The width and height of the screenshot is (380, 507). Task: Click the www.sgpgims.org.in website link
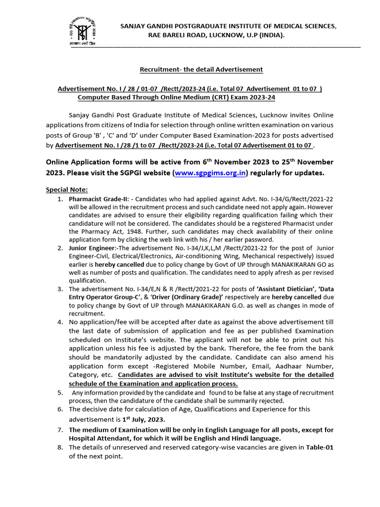coord(211,173)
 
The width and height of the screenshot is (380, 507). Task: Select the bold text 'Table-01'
coord(320,448)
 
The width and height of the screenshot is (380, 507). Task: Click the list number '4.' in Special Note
coord(60,322)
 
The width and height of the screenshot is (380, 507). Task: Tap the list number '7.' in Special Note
coord(60,429)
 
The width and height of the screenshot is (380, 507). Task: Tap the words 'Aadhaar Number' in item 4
coord(309,366)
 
